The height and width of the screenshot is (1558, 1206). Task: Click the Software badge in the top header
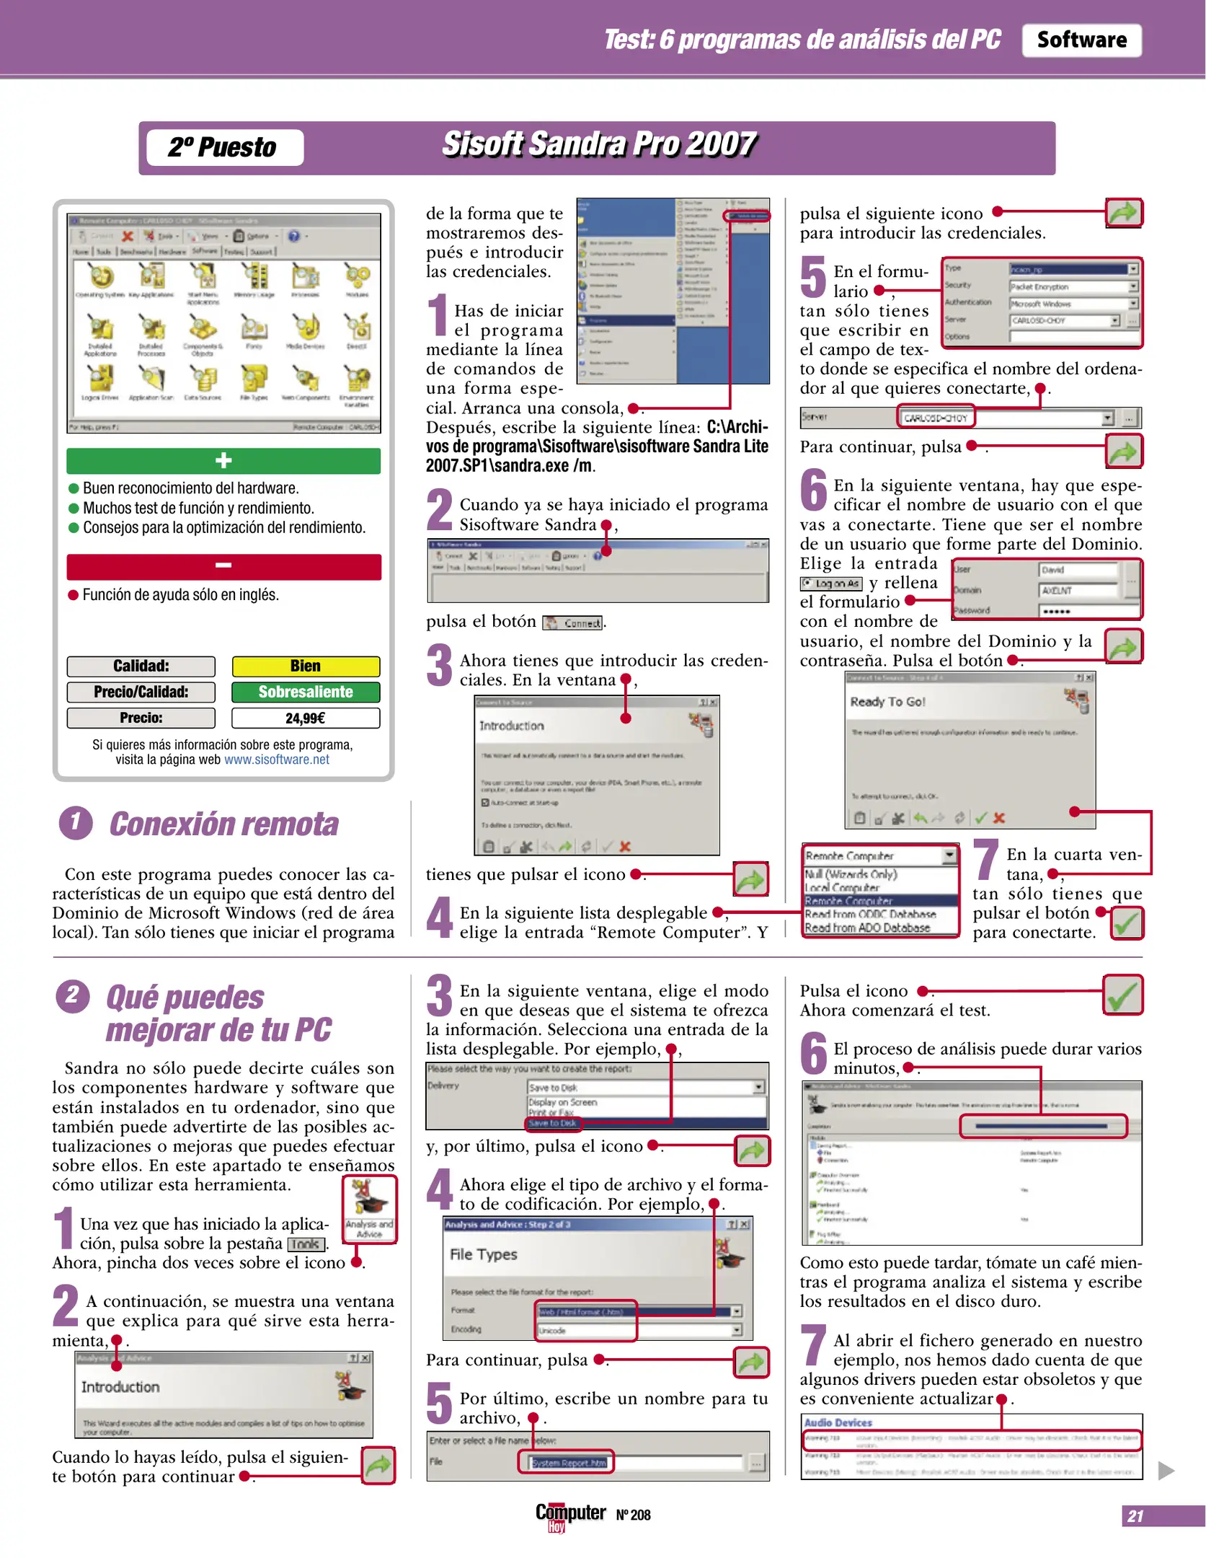[1081, 40]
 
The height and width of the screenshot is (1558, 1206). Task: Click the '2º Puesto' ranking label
[223, 147]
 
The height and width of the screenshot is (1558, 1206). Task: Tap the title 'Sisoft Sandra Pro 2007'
[598, 144]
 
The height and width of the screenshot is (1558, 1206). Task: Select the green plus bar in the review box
[223, 460]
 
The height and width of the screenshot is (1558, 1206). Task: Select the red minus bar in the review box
[223, 566]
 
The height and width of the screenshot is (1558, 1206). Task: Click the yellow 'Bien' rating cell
[306, 666]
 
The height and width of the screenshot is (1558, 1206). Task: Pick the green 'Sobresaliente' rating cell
[306, 692]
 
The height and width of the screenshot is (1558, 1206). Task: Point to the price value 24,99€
[306, 718]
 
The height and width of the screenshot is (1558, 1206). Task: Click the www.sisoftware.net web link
[277, 760]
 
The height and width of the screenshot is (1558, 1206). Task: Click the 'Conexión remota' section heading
[223, 824]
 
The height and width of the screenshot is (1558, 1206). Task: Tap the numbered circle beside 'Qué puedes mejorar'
[73, 996]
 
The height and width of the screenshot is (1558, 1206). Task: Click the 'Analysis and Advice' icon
[369, 1207]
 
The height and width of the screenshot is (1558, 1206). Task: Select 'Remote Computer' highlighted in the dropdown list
[849, 901]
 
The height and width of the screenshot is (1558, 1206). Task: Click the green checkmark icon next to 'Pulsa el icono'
[1122, 995]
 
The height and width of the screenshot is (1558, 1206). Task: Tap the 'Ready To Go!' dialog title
[887, 702]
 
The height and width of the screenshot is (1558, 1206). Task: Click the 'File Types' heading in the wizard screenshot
[483, 1254]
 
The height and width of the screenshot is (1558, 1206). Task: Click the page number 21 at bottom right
[1135, 1516]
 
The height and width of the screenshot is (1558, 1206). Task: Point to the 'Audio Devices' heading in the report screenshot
[838, 1422]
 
